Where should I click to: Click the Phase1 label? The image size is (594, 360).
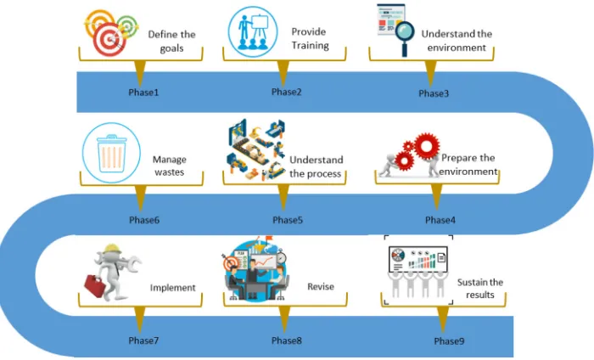click(143, 92)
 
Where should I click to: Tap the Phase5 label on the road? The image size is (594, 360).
click(288, 220)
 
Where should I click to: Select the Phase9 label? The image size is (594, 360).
click(449, 341)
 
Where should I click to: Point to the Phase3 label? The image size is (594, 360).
click(434, 93)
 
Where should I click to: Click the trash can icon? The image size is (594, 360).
click(112, 153)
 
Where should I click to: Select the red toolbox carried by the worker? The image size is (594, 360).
click(94, 286)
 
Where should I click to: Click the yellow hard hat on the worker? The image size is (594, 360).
click(112, 248)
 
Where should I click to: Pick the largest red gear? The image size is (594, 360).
click(427, 146)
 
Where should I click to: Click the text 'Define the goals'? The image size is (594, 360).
click(171, 42)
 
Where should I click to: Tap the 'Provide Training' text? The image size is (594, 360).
click(310, 38)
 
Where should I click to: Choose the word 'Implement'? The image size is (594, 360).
click(173, 288)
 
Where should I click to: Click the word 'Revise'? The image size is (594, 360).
click(321, 286)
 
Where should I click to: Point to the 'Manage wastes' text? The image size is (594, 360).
click(170, 166)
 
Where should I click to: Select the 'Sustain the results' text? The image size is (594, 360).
click(480, 289)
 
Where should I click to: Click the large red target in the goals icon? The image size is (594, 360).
click(109, 39)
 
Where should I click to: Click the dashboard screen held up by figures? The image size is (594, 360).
click(418, 259)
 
